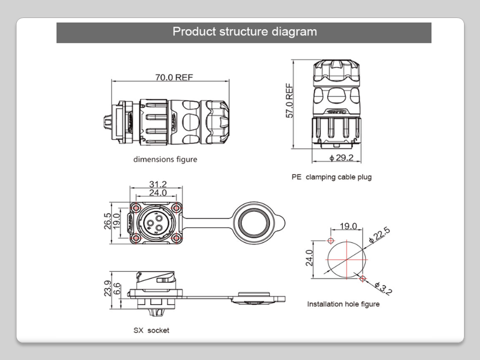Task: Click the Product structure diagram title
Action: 244,32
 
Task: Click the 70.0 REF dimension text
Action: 173,77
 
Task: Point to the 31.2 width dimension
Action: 158,184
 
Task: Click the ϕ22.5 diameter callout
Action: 379,234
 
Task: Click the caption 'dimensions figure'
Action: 165,160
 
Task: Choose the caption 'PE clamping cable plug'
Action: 331,177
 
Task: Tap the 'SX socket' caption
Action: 151,330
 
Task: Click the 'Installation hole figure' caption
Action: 343,304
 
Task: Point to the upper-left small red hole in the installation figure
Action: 330,241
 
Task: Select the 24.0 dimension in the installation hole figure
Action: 310,257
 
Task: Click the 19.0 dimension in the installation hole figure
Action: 348,226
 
